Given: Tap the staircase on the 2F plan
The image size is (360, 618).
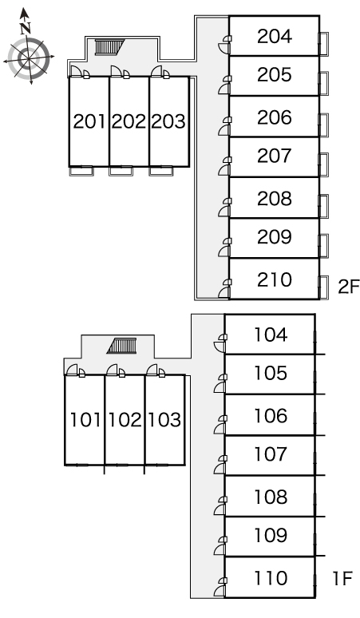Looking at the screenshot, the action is click(x=109, y=47).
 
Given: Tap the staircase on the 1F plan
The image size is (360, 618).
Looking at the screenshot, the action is click(x=122, y=346).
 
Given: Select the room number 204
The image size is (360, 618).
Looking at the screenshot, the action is click(x=275, y=36).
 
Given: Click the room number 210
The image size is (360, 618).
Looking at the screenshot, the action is click(x=275, y=279).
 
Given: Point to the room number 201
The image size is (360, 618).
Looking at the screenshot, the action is click(x=89, y=121).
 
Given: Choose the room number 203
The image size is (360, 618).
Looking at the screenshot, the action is click(x=168, y=121).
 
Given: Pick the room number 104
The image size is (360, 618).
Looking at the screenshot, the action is click(x=271, y=335).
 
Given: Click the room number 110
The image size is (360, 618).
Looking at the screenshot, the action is click(x=271, y=578).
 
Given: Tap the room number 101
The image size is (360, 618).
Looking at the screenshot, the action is click(x=85, y=420).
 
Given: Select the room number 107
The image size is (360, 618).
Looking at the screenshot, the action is click(x=271, y=454).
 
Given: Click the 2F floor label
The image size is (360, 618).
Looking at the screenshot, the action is click(x=348, y=287).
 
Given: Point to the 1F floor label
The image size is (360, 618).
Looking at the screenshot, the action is click(x=342, y=578).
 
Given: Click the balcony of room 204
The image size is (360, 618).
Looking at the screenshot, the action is click(x=323, y=44).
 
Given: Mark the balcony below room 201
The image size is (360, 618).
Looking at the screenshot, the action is click(x=81, y=171).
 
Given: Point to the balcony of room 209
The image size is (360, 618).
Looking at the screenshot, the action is click(x=323, y=246).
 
